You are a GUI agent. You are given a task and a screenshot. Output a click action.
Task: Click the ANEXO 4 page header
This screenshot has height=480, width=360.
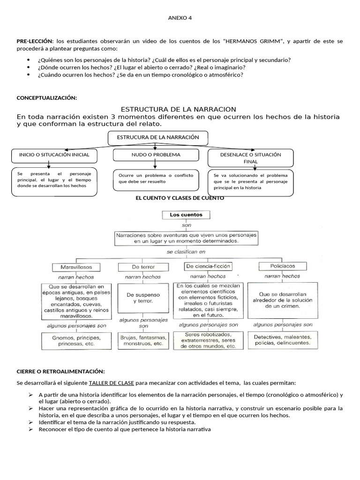pos(180,18)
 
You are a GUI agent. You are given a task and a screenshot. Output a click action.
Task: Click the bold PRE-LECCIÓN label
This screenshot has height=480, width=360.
pos(35,42)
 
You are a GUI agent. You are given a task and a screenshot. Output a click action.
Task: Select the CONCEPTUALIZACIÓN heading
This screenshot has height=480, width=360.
pos(46,97)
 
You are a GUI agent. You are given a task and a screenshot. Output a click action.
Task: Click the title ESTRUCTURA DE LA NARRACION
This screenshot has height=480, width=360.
pos(179,109)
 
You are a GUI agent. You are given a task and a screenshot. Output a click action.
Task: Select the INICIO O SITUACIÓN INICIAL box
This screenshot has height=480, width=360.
pos(54,154)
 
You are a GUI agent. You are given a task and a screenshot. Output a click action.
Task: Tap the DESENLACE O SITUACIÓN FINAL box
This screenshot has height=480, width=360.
pos(250,157)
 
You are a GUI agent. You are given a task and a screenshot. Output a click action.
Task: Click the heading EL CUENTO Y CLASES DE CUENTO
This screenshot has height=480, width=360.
pos(180,198)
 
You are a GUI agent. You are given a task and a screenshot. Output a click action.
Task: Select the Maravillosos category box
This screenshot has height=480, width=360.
pos(76,267)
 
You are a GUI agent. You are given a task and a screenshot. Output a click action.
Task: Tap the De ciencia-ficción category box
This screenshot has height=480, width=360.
pos(209,266)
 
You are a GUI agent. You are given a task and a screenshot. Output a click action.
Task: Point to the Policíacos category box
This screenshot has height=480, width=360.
pos(282,266)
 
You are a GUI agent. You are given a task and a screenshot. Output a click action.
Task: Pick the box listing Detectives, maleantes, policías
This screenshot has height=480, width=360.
pos(282,339)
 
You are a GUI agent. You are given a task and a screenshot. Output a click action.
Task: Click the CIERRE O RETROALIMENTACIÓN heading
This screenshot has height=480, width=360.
pos(61,371)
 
